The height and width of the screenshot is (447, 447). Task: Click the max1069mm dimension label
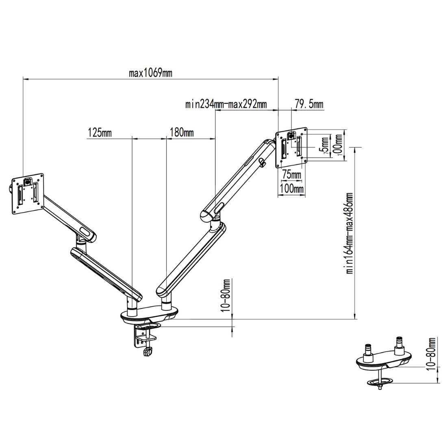coord(150,73)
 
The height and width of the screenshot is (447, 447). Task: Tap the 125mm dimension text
coord(100,132)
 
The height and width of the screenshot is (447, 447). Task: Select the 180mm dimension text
coord(182,132)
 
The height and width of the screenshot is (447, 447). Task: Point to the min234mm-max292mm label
coord(226,104)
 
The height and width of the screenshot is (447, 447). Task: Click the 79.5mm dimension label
coord(309,104)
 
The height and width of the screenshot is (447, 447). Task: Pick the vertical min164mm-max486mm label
coord(349,234)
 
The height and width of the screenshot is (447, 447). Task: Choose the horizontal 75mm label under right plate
coord(291,175)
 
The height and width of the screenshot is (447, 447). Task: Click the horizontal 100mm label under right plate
coord(291,189)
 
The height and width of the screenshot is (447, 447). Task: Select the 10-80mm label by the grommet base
coord(431,353)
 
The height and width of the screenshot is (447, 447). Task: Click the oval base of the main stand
coord(150,315)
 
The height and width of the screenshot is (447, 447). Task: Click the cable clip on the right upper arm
coord(263,163)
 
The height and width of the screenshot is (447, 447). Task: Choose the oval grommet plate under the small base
coord(380,381)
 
